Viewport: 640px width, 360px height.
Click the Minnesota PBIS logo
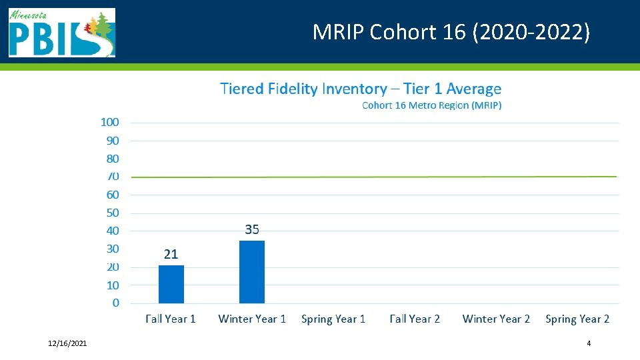click(61, 33)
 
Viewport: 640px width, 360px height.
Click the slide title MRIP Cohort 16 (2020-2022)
click(451, 32)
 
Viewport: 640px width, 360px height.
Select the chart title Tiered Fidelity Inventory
click(361, 89)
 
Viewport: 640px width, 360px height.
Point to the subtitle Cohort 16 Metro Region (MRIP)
click(431, 105)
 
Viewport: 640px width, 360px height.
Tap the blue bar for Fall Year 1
click(171, 285)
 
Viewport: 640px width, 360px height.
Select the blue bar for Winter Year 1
click(252, 272)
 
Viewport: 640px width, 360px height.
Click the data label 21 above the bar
click(171, 254)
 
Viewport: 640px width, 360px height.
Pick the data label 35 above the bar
click(252, 229)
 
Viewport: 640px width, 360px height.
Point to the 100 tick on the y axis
click(110, 122)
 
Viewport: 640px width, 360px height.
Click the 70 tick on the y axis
click(113, 177)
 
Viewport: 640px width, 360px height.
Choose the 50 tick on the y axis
click(113, 213)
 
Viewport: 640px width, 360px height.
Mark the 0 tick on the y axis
click(116, 303)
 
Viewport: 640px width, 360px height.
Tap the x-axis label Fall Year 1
click(171, 319)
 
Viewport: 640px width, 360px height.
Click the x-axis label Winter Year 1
click(252, 319)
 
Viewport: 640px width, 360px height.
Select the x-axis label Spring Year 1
click(333, 319)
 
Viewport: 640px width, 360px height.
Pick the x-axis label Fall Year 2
click(415, 319)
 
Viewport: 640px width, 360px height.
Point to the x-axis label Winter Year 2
click(496, 319)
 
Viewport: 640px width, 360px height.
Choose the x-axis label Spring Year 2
click(577, 319)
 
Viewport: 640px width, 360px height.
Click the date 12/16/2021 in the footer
click(67, 343)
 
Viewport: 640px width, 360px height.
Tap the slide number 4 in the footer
click(589, 343)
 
